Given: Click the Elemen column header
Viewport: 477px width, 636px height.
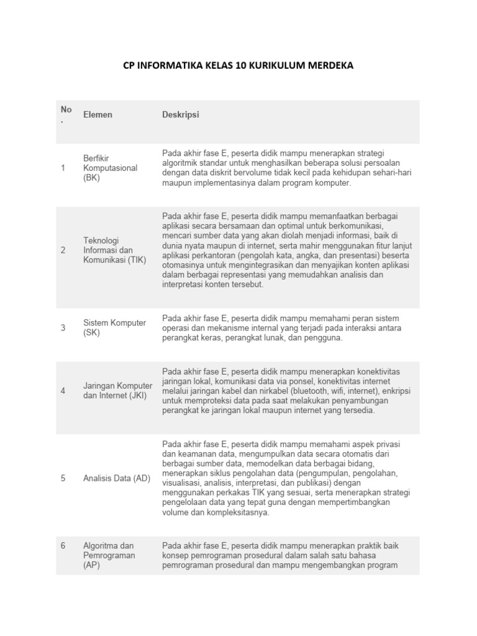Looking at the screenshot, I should point(98,115).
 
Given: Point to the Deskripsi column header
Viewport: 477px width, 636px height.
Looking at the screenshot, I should point(181,115).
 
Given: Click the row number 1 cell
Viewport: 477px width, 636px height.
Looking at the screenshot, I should point(63,168).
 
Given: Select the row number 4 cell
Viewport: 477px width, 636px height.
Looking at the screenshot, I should point(63,391).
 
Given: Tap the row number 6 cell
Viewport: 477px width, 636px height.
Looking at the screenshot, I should point(63,546).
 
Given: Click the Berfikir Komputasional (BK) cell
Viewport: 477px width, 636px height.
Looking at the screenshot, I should point(110,168).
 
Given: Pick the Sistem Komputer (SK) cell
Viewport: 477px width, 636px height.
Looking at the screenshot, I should point(114,327).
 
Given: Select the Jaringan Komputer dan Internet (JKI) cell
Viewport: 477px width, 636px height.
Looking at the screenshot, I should point(117,391).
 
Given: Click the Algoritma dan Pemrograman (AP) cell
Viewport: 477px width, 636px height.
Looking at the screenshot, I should point(109,556).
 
